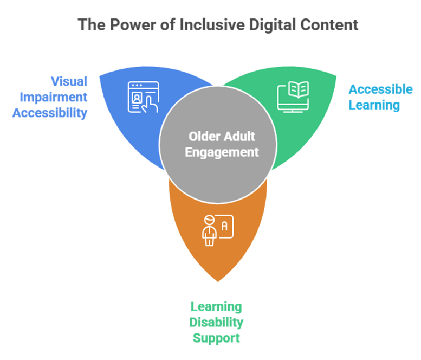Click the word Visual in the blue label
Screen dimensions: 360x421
pyautogui.click(x=69, y=81)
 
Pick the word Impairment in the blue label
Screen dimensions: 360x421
pyautogui.click(x=53, y=98)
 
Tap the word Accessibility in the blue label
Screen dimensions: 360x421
pyautogui.click(x=50, y=113)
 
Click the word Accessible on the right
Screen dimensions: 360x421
pyautogui.click(x=380, y=89)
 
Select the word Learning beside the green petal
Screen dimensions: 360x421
pyautogui.click(x=374, y=105)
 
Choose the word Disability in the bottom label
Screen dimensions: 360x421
pyautogui.click(x=216, y=323)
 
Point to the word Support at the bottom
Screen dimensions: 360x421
pyautogui.click(x=216, y=339)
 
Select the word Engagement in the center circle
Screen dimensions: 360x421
pyautogui.click(x=222, y=152)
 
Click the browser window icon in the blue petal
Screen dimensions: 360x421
pyautogui.click(x=143, y=97)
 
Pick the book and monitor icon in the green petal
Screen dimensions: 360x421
pyautogui.click(x=293, y=97)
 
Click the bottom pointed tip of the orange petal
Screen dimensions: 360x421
pyautogui.click(x=218, y=281)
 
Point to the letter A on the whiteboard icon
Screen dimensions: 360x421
pyautogui.click(x=225, y=221)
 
